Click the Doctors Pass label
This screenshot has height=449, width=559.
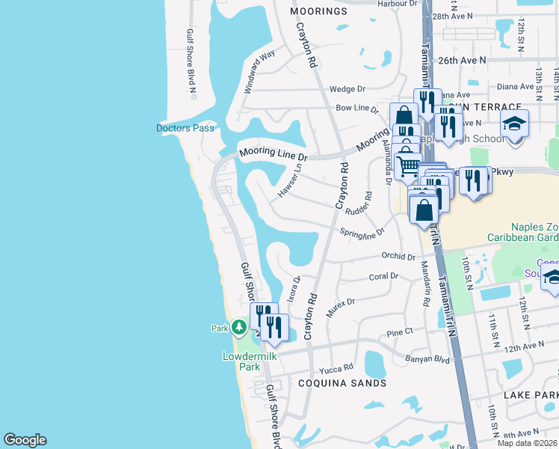pyautogui.click(x=185, y=128)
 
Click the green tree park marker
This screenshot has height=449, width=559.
pyautogui.click(x=238, y=327)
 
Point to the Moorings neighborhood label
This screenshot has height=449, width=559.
pyautogui.click(x=319, y=11)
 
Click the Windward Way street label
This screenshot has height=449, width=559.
pyautogui.click(x=259, y=72)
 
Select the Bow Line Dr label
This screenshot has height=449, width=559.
pyautogui.click(x=356, y=109)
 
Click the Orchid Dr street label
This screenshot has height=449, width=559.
pyautogui.click(x=398, y=256)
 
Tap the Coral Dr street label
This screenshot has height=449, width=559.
pyautogui.click(x=383, y=276)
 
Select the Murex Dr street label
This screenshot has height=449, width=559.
pyautogui.click(x=339, y=306)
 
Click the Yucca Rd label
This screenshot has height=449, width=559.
pyautogui.click(x=336, y=368)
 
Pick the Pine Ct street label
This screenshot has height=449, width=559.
pyautogui.click(x=400, y=332)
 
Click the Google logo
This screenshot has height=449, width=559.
pyautogui.click(x=25, y=439)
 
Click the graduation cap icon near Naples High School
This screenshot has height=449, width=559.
pyautogui.click(x=514, y=123)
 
